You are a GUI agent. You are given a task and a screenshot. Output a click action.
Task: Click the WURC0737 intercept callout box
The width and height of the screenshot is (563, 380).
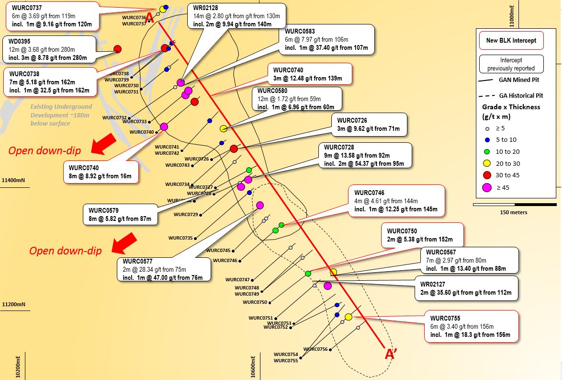[x=50, y=15]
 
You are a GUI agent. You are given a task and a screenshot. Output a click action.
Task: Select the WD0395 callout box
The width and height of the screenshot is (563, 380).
[x=48, y=49]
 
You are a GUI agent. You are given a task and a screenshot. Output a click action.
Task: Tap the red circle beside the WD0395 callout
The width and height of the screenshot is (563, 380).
[x=117, y=49]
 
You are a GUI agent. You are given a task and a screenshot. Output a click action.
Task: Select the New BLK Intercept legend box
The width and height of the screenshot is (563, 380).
[x=511, y=41]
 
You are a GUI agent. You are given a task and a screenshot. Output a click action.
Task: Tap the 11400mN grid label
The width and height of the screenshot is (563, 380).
[x=14, y=181]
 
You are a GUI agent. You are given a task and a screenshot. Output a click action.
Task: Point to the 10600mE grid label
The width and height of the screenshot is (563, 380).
[x=254, y=367]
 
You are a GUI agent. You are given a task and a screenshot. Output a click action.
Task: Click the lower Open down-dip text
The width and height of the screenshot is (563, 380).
[x=65, y=251]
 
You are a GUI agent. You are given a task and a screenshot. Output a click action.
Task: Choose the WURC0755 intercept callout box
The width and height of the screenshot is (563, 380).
[x=471, y=326]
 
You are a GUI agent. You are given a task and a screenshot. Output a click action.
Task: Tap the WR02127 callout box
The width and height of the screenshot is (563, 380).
[x=466, y=288]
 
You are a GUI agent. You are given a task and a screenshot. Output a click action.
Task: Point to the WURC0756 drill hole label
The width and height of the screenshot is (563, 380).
[x=315, y=349]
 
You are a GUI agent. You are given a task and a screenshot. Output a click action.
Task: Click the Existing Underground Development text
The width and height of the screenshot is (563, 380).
[x=61, y=115]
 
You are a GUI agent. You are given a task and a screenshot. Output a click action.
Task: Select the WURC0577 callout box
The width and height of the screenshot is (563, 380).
[x=164, y=270]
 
